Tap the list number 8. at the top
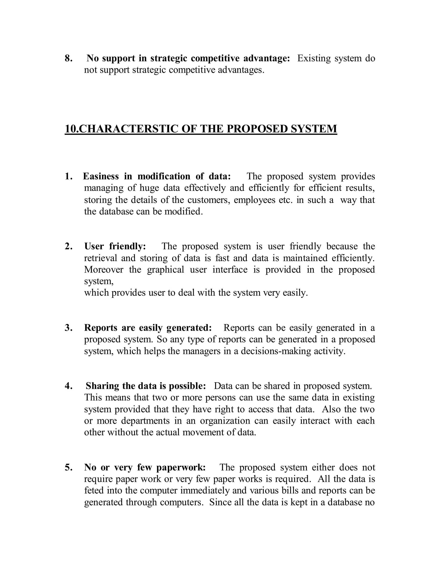coord(68,58)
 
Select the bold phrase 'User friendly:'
coord(115,246)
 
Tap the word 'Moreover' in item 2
coord(104,269)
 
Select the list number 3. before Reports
coord(68,328)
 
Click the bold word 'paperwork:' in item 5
coord(181,467)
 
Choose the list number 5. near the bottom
coord(68,467)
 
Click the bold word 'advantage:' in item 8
coord(266,58)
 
